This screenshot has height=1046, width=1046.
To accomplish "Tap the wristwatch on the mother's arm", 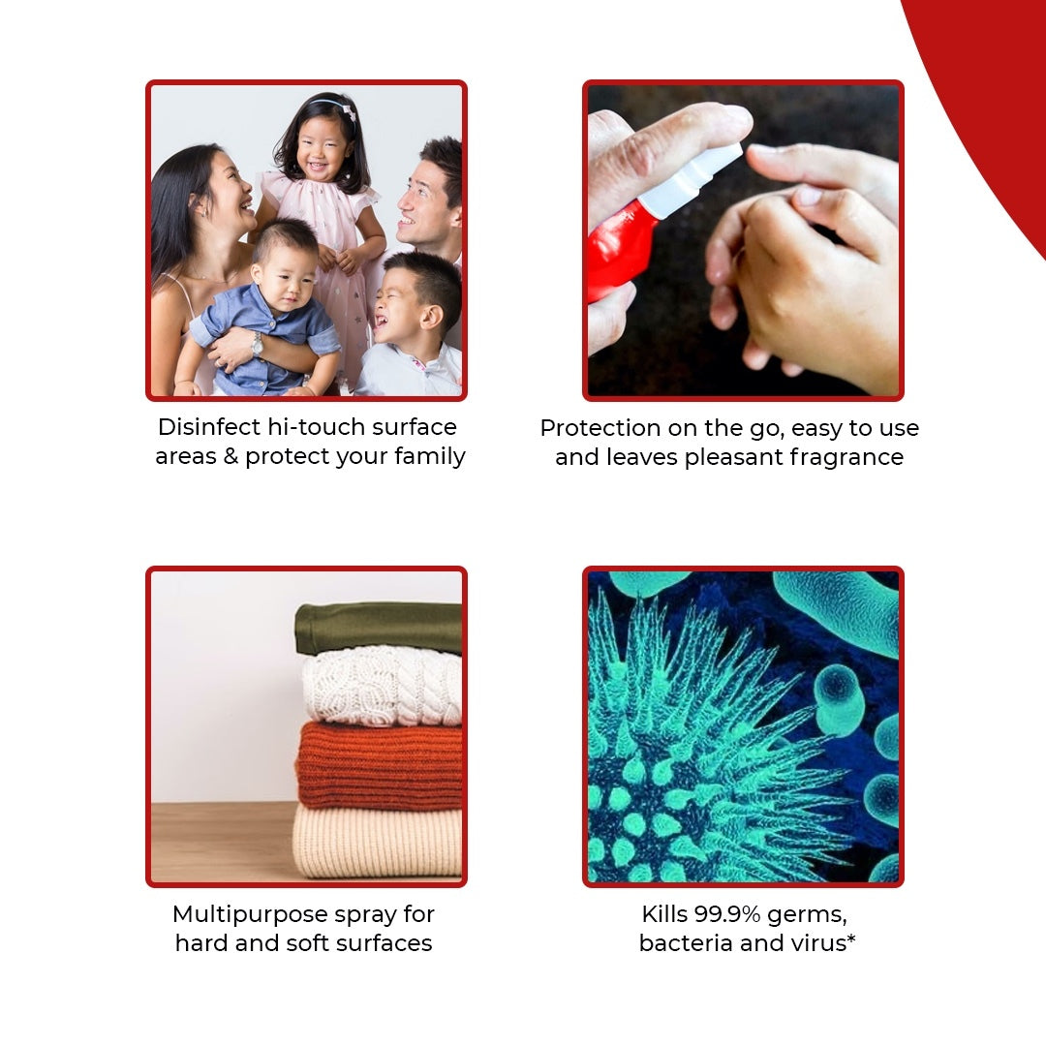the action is [x=257, y=344].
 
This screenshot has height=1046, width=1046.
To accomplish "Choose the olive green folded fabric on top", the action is [x=379, y=627].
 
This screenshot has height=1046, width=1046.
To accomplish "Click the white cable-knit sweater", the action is [x=382, y=686].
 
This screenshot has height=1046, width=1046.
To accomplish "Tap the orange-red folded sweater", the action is [x=379, y=766].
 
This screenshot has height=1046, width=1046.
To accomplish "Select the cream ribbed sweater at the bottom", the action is [x=378, y=842].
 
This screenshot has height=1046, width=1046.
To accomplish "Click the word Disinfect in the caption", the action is [x=209, y=427].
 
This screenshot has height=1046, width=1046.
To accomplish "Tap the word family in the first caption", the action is [x=430, y=457].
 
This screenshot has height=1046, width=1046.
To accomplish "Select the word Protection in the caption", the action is [x=600, y=428].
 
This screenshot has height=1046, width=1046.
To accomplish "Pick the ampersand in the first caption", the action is [x=231, y=456].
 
